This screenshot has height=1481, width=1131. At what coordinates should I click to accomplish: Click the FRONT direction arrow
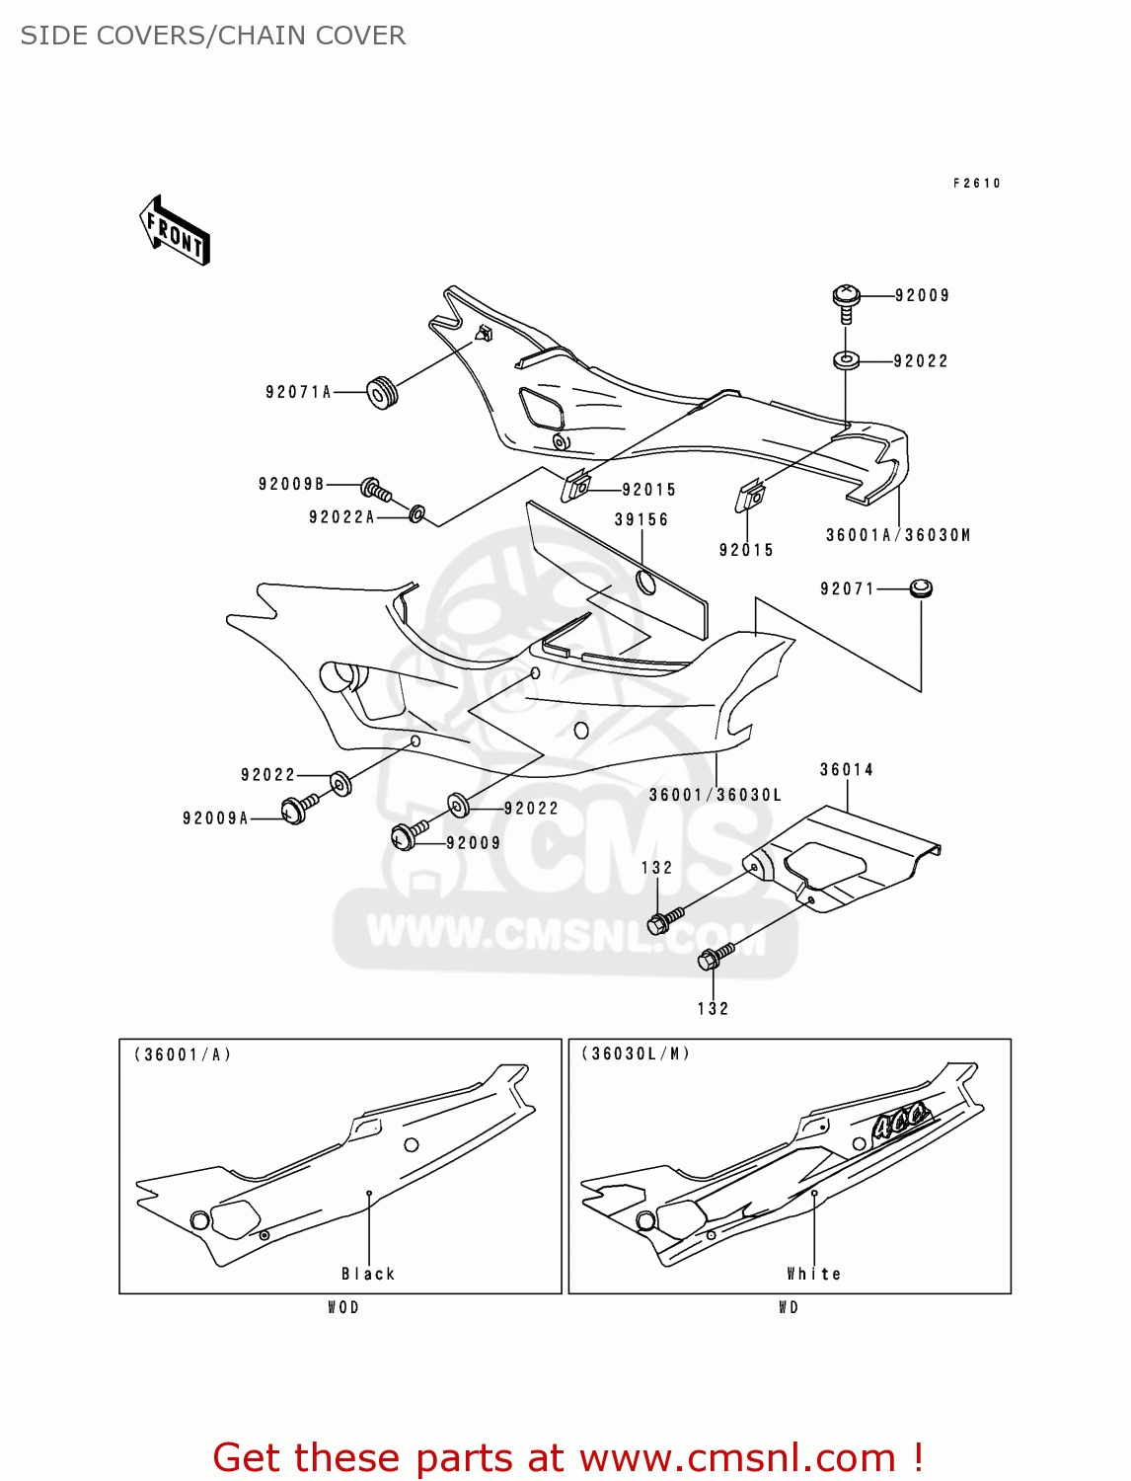click(175, 231)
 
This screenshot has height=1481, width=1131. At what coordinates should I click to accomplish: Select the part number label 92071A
click(299, 392)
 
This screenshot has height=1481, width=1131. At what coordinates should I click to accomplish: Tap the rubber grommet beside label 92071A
click(383, 392)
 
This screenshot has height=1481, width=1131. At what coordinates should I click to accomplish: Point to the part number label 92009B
click(291, 484)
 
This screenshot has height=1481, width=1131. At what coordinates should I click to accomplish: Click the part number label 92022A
click(341, 517)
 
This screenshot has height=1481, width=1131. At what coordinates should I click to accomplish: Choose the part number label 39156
click(641, 519)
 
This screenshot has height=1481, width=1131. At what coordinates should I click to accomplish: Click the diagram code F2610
click(977, 183)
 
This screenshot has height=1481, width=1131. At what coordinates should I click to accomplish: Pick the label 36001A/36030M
click(898, 535)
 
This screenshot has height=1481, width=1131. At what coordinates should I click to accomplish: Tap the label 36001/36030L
click(716, 795)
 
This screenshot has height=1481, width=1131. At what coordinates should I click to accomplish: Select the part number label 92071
click(848, 588)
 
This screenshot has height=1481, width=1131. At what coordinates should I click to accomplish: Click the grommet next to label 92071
click(921, 588)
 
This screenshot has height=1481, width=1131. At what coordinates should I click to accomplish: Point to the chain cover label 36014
click(847, 769)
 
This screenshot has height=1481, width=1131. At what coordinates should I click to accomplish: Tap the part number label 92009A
click(215, 818)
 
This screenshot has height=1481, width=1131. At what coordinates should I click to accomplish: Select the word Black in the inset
click(368, 1274)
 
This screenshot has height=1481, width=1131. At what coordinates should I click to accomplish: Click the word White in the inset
click(814, 1274)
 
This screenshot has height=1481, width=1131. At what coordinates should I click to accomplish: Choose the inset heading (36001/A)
click(184, 1054)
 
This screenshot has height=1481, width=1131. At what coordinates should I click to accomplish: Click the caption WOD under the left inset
click(343, 1307)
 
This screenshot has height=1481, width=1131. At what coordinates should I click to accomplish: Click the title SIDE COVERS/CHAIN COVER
click(213, 36)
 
